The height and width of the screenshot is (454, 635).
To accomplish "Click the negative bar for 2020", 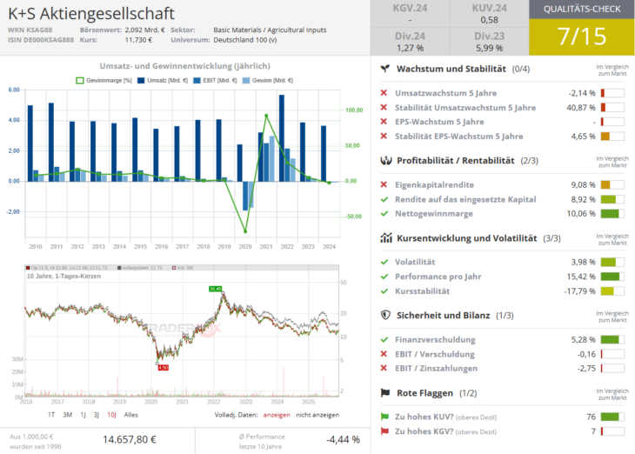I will (246, 196).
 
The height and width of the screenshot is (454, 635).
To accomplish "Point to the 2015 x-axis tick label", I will (141, 246).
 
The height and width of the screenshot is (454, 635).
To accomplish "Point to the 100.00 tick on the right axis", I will (353, 110).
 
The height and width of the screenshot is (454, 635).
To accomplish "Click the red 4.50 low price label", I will (162, 367).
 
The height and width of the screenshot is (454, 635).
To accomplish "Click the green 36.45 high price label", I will (215, 288).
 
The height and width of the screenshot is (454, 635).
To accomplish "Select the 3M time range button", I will (67, 414).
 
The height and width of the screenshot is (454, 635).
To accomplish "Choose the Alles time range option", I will (131, 414).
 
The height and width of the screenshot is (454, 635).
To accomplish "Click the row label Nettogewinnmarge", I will (434, 213).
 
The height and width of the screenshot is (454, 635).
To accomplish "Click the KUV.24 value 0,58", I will (489, 19).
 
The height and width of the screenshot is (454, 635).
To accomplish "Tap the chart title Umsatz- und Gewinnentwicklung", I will (184, 66).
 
